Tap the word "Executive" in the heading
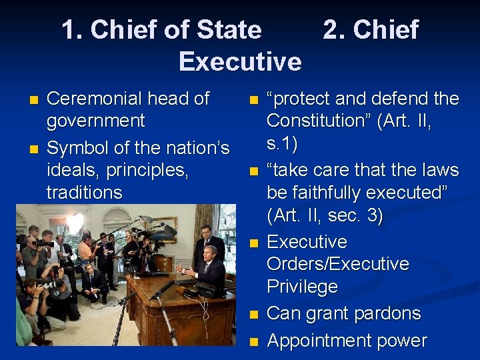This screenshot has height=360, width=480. point(240,61)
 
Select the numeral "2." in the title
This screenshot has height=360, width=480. point(334,30)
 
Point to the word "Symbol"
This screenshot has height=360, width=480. point(76,147)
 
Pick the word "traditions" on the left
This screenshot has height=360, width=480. point(84,193)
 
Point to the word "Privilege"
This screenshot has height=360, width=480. point(302,287)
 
